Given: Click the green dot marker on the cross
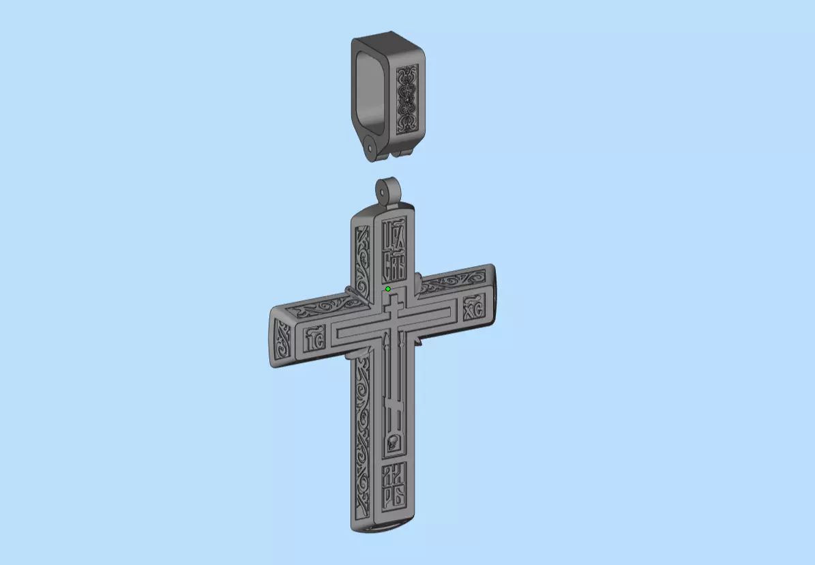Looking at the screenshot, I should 388,289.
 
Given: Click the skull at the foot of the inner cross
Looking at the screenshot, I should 392,444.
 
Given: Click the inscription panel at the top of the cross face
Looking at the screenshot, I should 394,250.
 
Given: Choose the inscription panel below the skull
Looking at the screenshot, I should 394,485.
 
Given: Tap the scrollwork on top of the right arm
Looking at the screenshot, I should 450,282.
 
